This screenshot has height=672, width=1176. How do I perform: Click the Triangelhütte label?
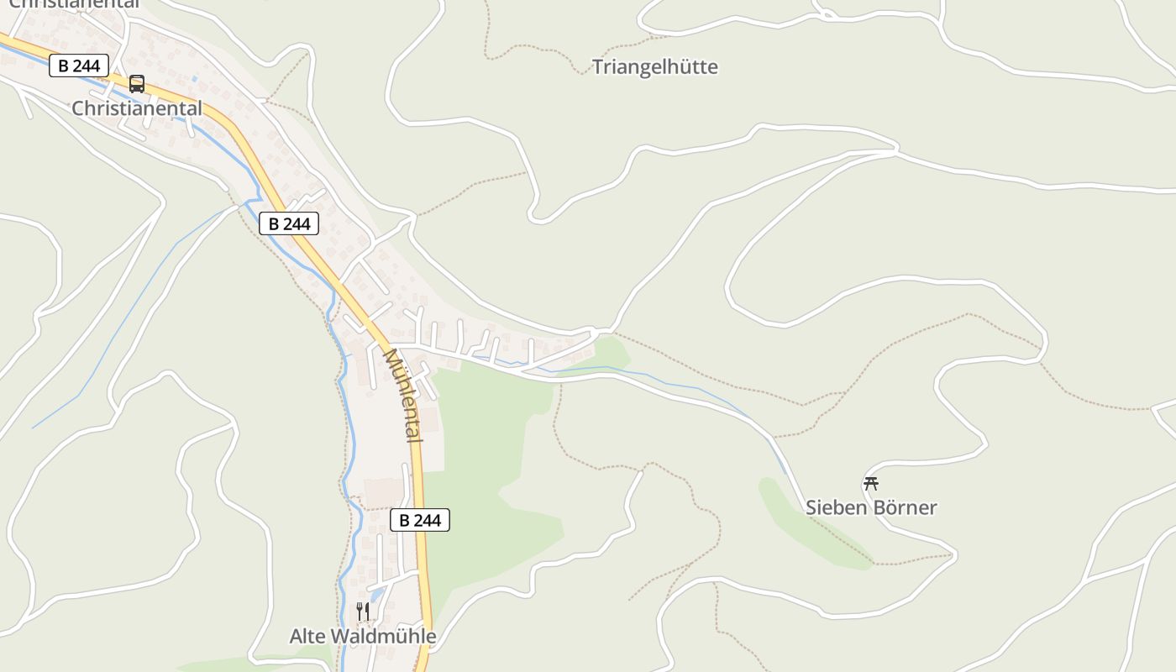click(x=655, y=67)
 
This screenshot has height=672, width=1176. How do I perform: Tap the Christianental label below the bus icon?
click(x=137, y=108)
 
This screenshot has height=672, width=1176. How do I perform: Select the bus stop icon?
click(x=137, y=84)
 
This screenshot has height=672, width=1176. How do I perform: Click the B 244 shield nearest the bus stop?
click(x=79, y=66)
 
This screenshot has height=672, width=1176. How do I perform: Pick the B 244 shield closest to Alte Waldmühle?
click(x=420, y=520)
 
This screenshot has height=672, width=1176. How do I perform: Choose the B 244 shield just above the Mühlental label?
click(x=289, y=223)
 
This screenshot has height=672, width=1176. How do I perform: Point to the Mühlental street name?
click(x=403, y=395)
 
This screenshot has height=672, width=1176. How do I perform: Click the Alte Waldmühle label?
click(x=363, y=636)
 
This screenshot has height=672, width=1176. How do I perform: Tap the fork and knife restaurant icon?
click(x=363, y=612)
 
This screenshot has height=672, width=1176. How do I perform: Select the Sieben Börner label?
click(x=871, y=507)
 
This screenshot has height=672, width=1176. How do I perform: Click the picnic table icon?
click(x=871, y=483)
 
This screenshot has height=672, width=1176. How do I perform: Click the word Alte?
click(x=308, y=636)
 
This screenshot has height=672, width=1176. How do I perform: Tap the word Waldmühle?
click(x=383, y=636)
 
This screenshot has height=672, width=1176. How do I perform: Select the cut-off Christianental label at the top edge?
click(x=74, y=4)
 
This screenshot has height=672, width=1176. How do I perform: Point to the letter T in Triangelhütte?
click(x=598, y=67)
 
